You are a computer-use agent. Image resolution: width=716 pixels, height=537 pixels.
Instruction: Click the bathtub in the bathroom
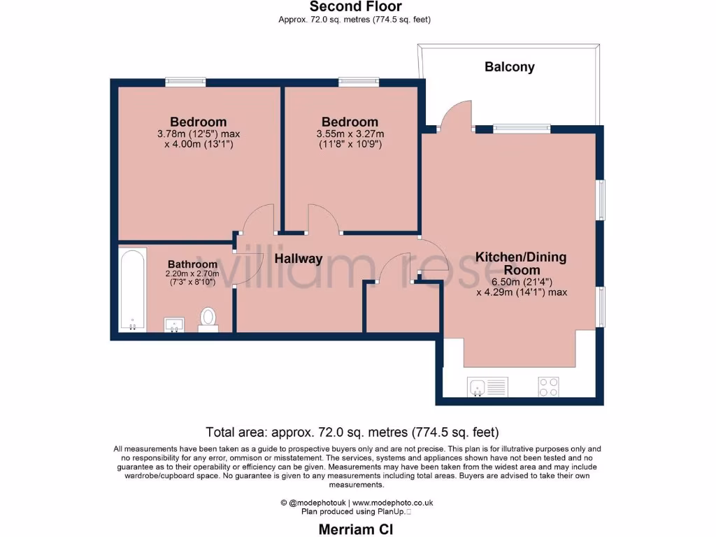(132, 289)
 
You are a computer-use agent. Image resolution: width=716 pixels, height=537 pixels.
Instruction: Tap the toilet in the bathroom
(208, 319)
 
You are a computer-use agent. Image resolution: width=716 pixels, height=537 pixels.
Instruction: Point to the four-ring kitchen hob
(547, 386)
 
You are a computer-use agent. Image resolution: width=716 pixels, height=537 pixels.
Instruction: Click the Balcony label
(509, 67)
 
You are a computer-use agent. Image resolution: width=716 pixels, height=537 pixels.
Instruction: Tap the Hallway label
(298, 259)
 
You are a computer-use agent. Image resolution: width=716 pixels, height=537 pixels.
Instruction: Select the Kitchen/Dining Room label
(521, 264)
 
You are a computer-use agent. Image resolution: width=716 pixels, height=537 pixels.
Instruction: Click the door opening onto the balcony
(457, 116)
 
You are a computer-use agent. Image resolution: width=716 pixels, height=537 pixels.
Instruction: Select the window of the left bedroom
(185, 82)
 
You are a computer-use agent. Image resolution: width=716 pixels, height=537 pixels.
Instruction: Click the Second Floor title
(355, 7)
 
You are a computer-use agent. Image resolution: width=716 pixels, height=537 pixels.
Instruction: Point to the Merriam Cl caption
(355, 529)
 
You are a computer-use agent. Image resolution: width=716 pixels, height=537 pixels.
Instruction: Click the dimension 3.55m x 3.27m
(350, 134)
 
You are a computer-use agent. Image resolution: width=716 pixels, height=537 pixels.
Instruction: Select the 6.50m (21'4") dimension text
(521, 282)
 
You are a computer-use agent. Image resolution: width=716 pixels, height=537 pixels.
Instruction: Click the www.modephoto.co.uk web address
(392, 502)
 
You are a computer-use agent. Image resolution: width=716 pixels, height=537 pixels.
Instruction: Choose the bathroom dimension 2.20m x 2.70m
(192, 273)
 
